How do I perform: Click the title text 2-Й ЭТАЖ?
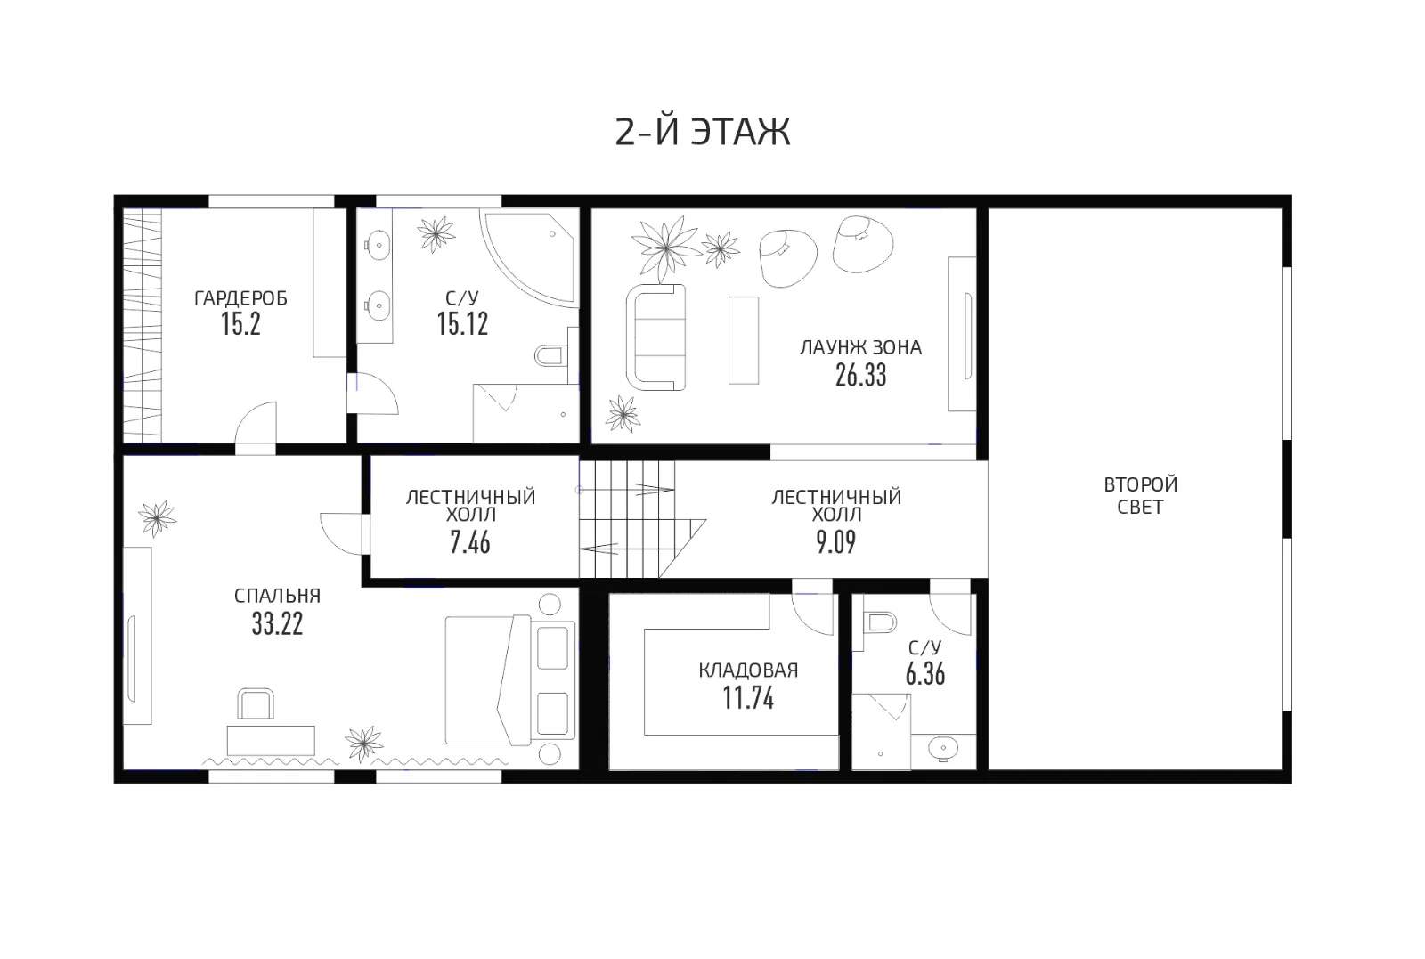tap(703, 132)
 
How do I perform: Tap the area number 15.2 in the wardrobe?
tap(240, 324)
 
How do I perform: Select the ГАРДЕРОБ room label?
tap(240, 298)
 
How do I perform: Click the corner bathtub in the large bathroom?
tap(527, 258)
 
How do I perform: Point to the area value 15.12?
tap(462, 324)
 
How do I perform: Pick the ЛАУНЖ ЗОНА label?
tap(860, 348)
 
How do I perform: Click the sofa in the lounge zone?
tap(655, 337)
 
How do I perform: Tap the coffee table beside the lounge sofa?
tap(744, 340)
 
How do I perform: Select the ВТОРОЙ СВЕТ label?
tap(1141, 495)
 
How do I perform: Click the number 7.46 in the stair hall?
tap(470, 543)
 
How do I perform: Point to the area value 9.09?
tap(836, 542)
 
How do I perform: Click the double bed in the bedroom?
tap(509, 679)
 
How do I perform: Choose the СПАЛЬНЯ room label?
tap(277, 596)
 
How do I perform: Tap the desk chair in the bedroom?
tap(255, 704)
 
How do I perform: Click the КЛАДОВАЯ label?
tap(748, 670)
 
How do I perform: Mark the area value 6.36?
tap(925, 674)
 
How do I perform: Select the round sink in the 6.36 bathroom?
tap(943, 748)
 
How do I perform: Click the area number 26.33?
tap(860, 376)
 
